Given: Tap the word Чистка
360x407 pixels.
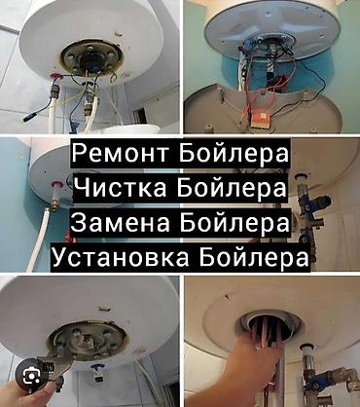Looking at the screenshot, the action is [x=124, y=187].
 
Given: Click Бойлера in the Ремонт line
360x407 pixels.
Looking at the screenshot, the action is [x=233, y=153].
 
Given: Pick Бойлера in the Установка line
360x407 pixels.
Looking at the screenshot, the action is [x=254, y=257].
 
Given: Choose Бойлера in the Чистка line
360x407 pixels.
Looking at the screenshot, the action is [x=233, y=187].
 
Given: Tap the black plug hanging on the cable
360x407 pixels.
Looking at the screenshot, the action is [x=30, y=116].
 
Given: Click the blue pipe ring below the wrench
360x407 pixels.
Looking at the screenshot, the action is [x=96, y=368].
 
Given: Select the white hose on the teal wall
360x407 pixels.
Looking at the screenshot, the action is [x=39, y=237].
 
